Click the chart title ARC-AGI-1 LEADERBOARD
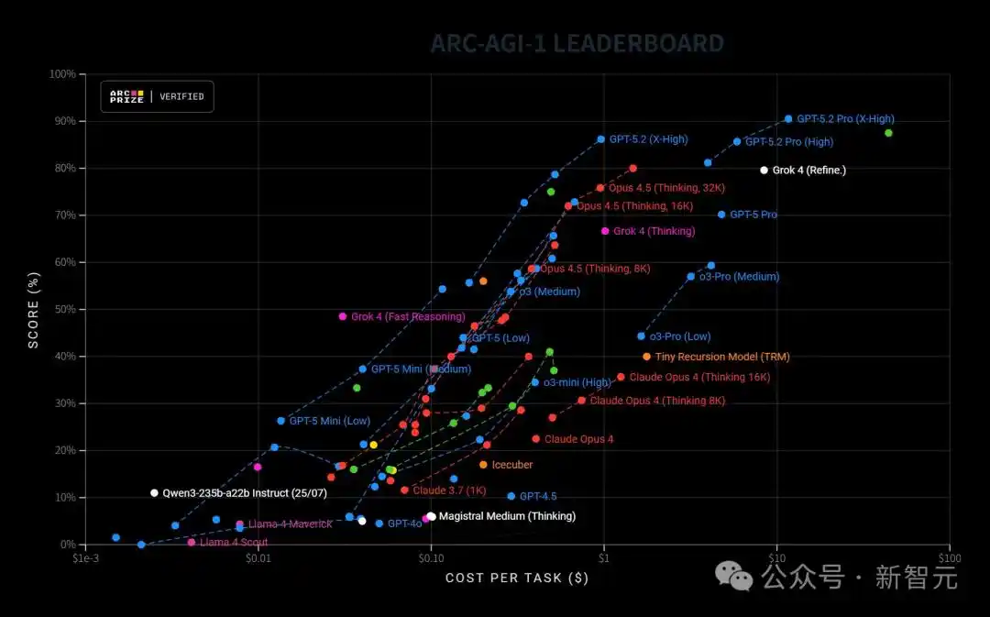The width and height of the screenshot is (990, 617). click(577, 43)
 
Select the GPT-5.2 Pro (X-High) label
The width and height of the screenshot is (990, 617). click(845, 119)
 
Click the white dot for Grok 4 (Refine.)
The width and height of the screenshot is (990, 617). click(764, 171)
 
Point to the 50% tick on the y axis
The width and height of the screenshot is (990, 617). click(61, 310)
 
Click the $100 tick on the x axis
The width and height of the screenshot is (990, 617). click(950, 557)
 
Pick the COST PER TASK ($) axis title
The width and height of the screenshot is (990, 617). click(517, 578)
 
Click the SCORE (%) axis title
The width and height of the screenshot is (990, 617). click(34, 309)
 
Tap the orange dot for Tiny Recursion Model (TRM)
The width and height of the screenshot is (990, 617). click(646, 357)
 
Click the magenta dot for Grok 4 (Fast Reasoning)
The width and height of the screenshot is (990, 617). click(343, 316)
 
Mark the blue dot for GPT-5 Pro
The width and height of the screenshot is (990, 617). click(721, 215)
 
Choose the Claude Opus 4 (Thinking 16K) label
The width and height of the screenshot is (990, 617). click(699, 377)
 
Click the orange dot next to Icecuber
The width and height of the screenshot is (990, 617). click(483, 465)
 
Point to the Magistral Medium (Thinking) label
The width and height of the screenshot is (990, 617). click(507, 516)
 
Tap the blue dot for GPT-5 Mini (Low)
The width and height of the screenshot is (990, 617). click(281, 421)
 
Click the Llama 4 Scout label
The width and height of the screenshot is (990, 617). click(234, 543)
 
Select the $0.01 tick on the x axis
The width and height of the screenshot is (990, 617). click(258, 557)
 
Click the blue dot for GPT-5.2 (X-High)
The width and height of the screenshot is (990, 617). click(601, 139)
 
